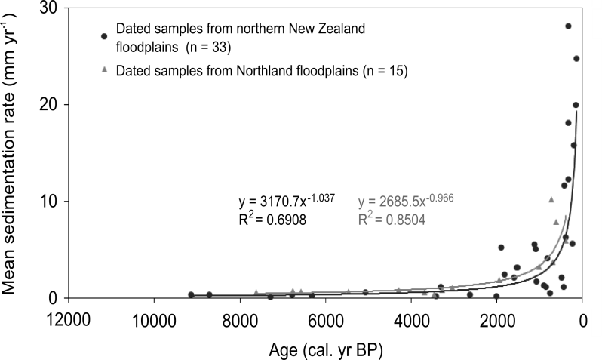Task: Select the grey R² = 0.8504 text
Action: [x=394, y=220]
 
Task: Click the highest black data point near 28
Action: [x=568, y=26]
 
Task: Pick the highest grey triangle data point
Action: [x=551, y=200]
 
